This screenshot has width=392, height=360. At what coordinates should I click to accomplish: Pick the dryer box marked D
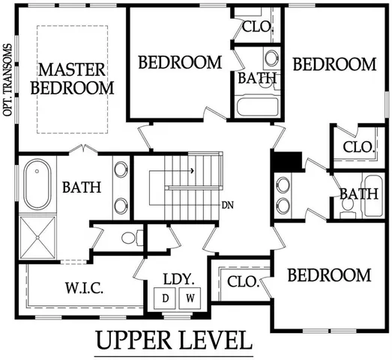166,298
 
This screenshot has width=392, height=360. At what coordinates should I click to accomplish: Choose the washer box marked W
191,298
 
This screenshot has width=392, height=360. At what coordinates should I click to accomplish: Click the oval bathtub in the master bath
34,185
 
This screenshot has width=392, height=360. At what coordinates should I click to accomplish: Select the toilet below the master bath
130,239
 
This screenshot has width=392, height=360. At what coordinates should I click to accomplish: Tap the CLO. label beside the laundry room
243,282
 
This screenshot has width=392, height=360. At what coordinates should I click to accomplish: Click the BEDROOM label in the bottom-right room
330,275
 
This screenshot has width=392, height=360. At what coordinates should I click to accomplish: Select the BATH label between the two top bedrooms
257,79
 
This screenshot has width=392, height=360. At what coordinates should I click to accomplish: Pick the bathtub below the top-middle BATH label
257,106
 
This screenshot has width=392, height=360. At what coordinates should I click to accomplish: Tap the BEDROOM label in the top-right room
334,64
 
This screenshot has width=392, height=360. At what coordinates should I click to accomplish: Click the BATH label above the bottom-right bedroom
358,194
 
